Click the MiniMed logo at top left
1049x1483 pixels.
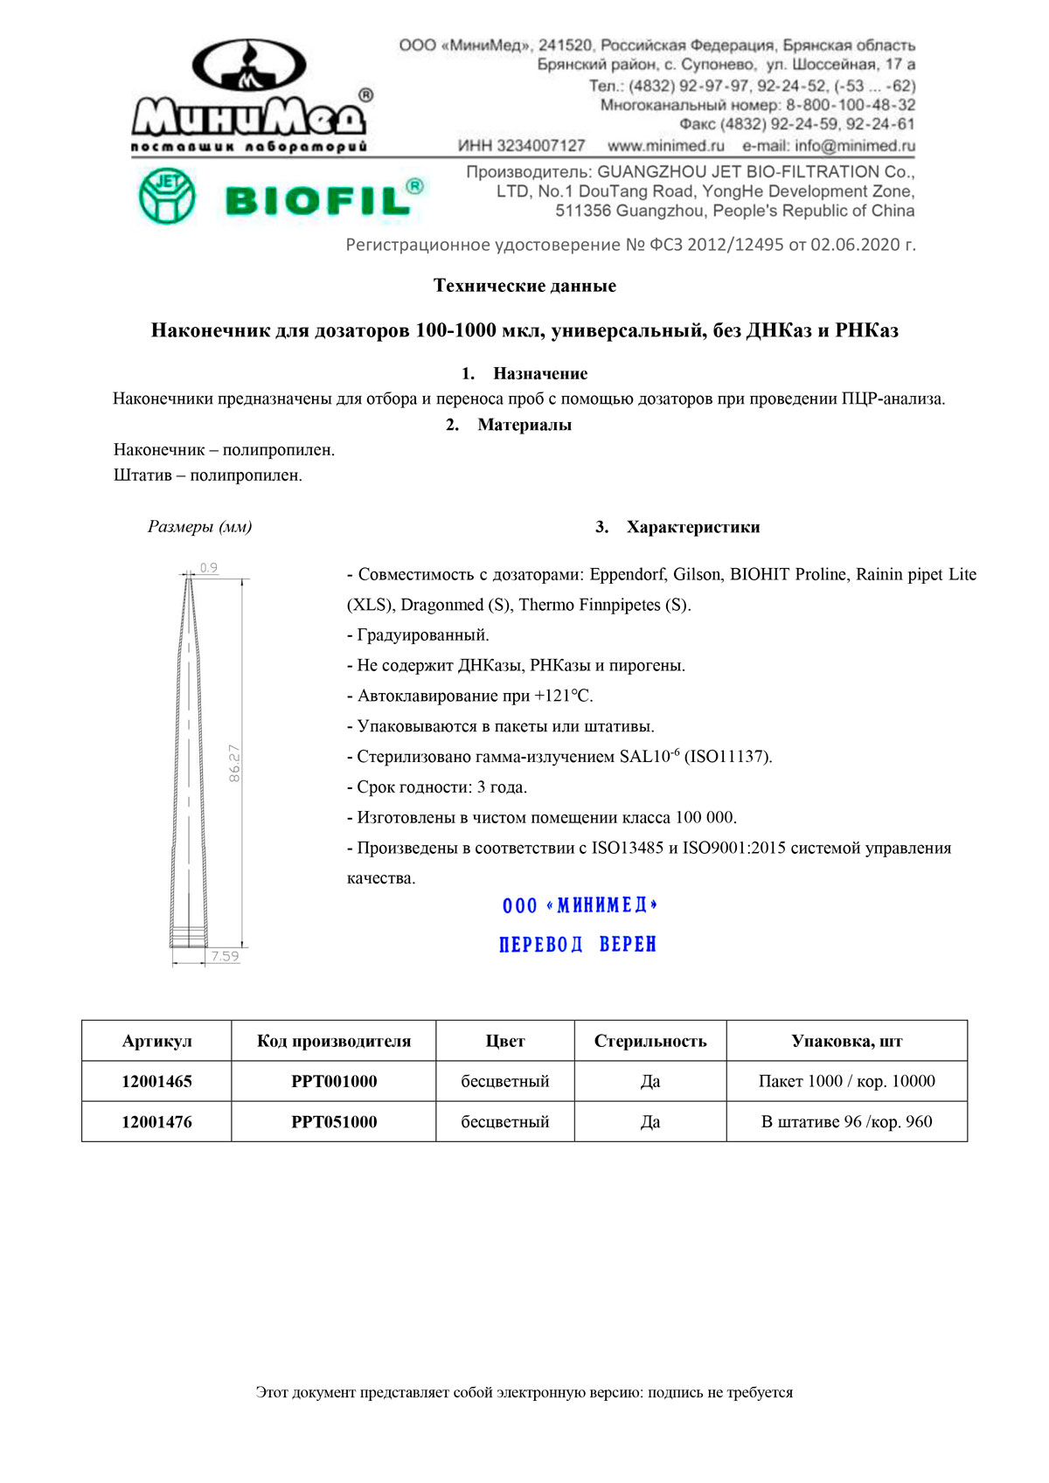click(x=250, y=96)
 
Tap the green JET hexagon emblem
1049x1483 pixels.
click(x=167, y=197)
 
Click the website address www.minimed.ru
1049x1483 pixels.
click(x=666, y=146)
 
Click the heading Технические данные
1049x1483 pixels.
click(x=524, y=286)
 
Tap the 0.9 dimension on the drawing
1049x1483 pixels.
click(x=209, y=568)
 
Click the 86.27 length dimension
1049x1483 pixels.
click(x=234, y=763)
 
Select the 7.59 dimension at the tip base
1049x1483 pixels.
click(x=225, y=956)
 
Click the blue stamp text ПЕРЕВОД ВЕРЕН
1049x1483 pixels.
click(x=578, y=945)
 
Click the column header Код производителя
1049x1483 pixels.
click(x=334, y=1041)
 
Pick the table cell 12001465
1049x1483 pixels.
click(x=156, y=1081)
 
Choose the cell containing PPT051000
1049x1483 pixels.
click(x=334, y=1121)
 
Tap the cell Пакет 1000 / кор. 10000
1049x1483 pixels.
click(x=846, y=1081)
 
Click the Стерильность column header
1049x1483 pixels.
click(x=650, y=1041)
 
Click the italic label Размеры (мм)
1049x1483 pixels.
click(x=200, y=527)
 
